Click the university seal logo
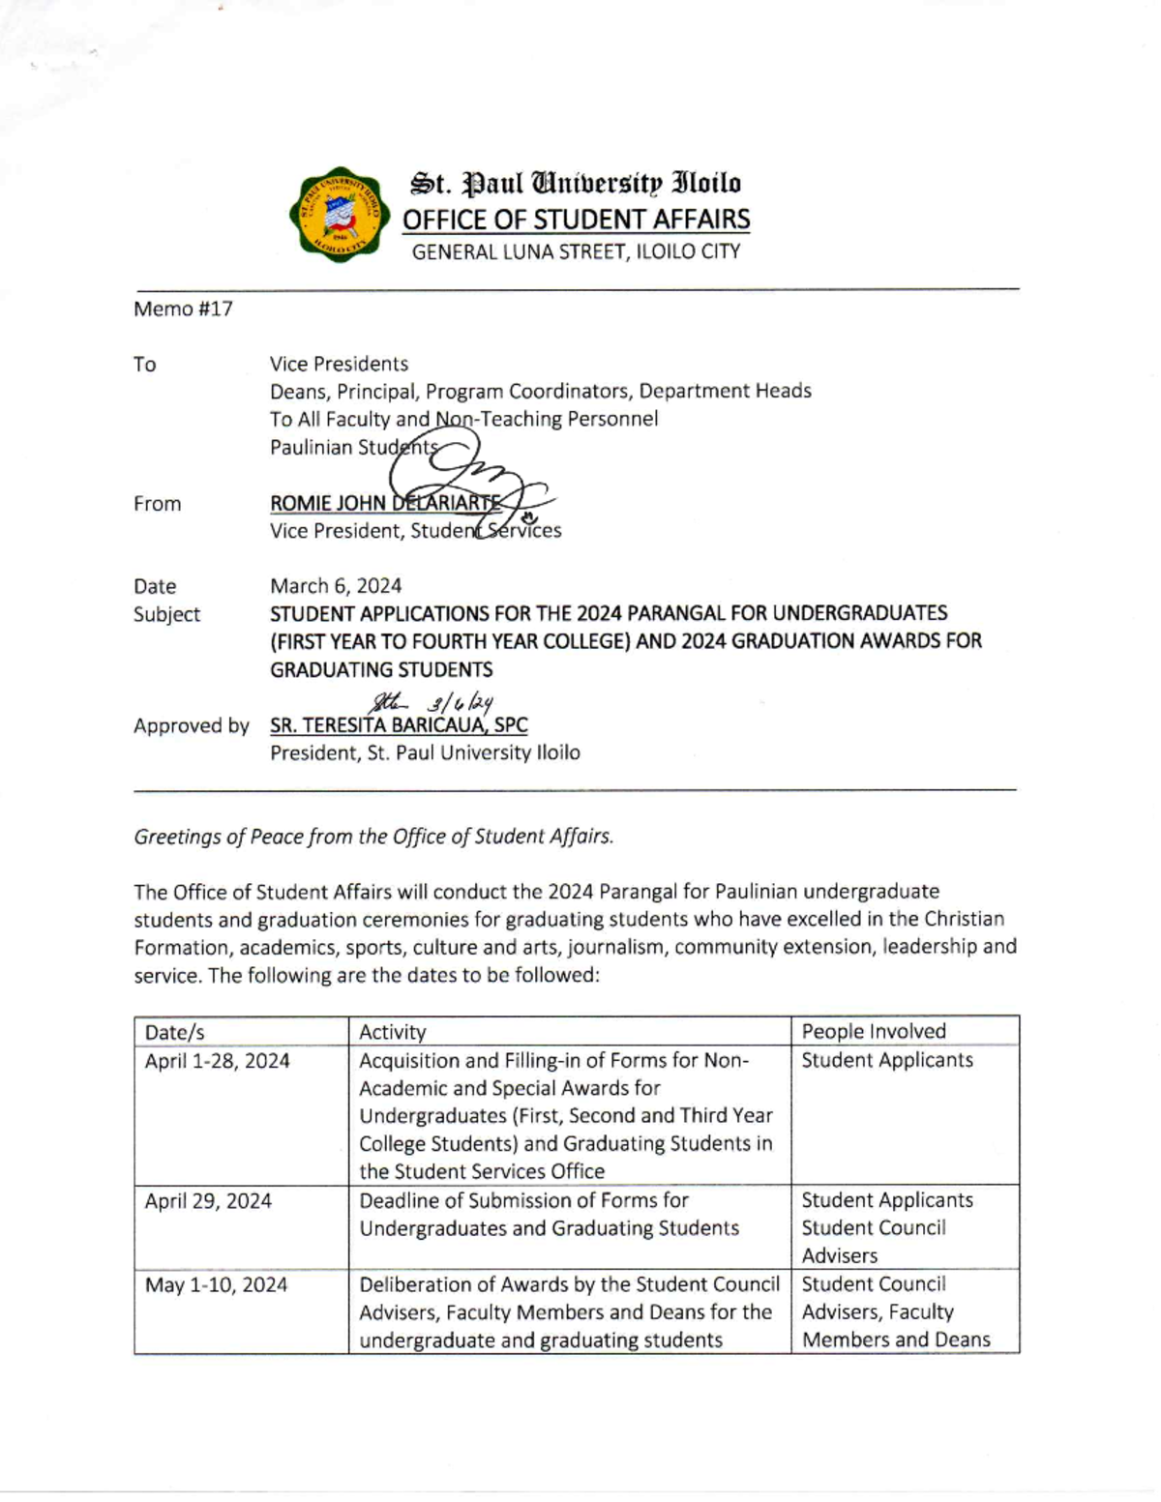click(x=340, y=215)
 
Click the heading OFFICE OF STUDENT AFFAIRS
click(x=576, y=220)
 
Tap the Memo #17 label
click(x=183, y=309)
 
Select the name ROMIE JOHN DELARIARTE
click(x=384, y=503)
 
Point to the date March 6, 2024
click(x=335, y=585)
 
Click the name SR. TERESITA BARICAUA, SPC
click(x=399, y=724)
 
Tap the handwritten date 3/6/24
click(x=461, y=702)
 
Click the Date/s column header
click(x=174, y=1032)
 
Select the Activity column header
click(x=392, y=1032)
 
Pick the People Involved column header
click(x=873, y=1031)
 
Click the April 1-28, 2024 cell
click(x=217, y=1060)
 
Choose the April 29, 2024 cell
click(x=208, y=1200)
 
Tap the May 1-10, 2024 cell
click(x=216, y=1284)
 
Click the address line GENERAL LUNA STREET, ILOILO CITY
click(x=576, y=251)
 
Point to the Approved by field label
click(x=191, y=725)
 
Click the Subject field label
click(x=166, y=614)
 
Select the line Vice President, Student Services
click(x=415, y=531)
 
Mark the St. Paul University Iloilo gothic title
click(x=576, y=183)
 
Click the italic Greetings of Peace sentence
click(x=373, y=837)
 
